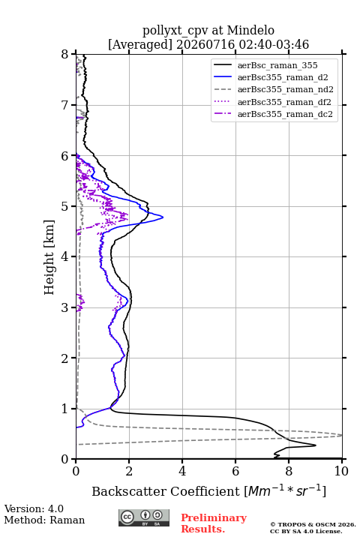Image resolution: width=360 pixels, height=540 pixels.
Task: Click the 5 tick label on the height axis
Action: click(x=65, y=207)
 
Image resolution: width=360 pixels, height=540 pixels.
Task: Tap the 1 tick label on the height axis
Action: click(x=65, y=409)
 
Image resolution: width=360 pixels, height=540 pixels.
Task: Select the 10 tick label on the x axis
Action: click(x=341, y=471)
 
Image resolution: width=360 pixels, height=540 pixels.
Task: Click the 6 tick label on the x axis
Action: click(x=235, y=471)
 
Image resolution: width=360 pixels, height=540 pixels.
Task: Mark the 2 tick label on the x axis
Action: click(x=129, y=471)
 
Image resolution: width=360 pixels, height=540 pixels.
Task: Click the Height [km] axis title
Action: click(x=49, y=257)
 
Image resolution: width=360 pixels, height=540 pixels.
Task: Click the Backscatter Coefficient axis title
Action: click(x=208, y=490)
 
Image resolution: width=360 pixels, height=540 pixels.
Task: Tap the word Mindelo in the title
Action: click(x=250, y=31)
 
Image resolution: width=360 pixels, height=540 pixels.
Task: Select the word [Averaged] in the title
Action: click(x=140, y=45)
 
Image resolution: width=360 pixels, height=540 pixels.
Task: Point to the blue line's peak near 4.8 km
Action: click(x=163, y=217)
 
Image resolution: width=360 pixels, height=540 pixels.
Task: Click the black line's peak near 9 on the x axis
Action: click(x=316, y=445)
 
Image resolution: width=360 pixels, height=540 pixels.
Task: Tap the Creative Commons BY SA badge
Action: click(x=144, y=517)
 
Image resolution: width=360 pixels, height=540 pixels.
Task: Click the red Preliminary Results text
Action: click(x=214, y=523)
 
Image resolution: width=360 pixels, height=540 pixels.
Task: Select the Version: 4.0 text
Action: click(x=34, y=508)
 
